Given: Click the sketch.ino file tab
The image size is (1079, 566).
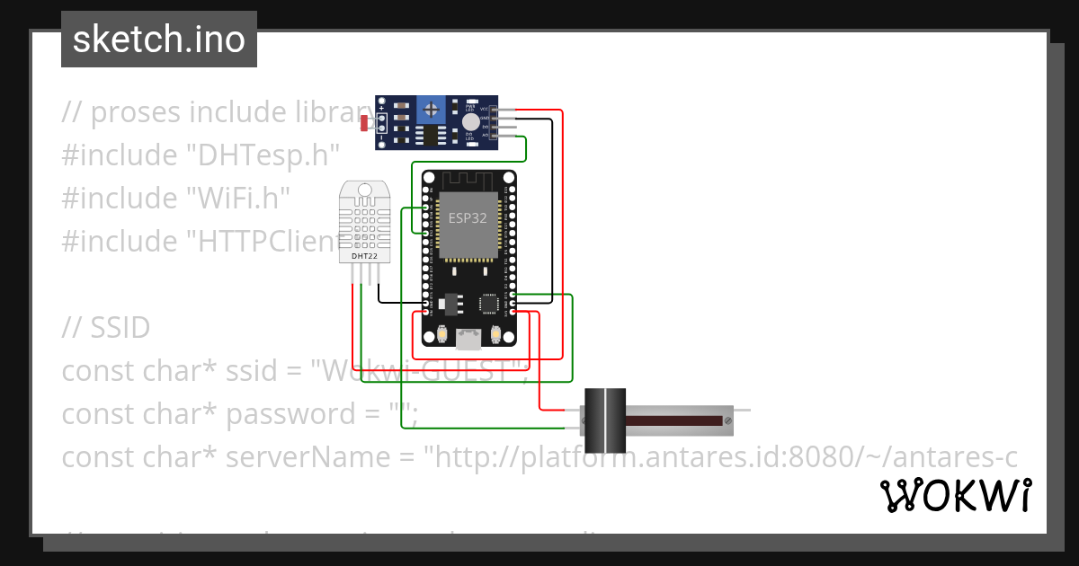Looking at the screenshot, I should point(159,40).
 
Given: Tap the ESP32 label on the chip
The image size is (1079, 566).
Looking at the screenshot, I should point(468,217).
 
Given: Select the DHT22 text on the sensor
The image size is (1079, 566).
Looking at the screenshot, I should point(365,256).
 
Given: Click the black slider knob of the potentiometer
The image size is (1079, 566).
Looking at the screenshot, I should point(605,420).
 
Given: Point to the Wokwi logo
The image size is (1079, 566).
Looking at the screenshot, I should point(955,495).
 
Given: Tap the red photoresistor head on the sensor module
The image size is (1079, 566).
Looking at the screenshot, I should point(364,124).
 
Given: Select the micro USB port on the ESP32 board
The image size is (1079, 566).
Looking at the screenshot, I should point(468,339).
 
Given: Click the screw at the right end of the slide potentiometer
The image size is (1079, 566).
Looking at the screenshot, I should point(728,420).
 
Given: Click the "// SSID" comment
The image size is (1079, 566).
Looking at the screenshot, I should point(106,328).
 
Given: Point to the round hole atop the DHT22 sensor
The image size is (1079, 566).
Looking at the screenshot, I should point(365,190).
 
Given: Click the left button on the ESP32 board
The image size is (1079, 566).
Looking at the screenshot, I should point(441,335).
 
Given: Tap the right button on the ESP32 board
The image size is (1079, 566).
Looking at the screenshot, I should point(495,335).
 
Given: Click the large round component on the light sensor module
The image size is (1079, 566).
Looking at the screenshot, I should point(470,123).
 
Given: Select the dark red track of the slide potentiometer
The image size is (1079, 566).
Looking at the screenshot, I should point(674,420).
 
